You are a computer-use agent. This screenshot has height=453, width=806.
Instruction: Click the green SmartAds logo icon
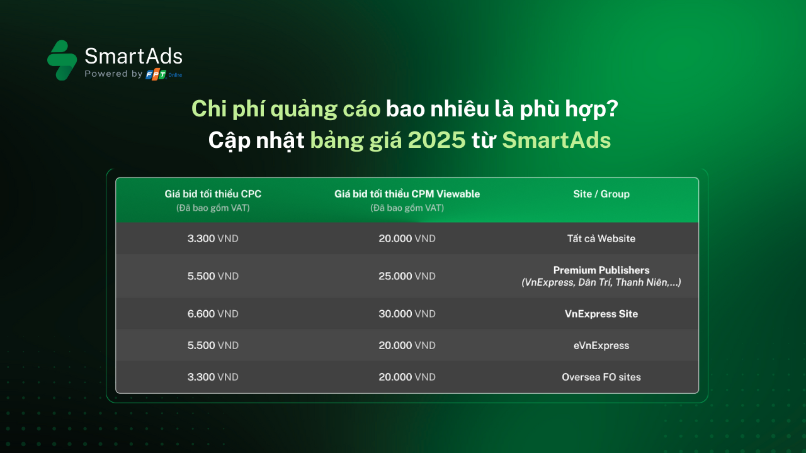(x=62, y=60)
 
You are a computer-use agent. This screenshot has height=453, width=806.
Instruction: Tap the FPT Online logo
(x=164, y=74)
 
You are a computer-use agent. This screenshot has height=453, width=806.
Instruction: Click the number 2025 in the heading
(x=436, y=140)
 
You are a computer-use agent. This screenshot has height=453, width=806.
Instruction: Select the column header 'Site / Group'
(x=601, y=194)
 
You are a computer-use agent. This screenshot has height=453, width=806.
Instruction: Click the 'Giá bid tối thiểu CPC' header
(x=213, y=194)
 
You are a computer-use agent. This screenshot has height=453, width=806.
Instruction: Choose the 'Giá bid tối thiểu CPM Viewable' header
(x=407, y=194)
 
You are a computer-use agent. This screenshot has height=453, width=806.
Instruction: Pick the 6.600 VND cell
(x=213, y=314)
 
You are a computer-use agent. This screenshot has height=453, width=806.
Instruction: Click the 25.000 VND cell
(x=407, y=276)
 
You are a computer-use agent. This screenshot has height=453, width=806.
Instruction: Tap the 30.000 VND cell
(x=407, y=314)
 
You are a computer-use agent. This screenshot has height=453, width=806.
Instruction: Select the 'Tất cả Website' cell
(x=601, y=238)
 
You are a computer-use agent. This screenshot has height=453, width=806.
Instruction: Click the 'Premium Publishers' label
(x=601, y=270)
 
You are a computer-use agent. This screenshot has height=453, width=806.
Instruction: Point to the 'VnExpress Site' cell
(x=601, y=314)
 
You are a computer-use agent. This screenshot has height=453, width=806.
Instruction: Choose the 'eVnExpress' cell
(x=601, y=345)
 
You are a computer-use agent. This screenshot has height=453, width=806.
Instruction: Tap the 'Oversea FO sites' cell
(x=601, y=377)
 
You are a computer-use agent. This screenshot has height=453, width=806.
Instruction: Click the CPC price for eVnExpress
(x=213, y=345)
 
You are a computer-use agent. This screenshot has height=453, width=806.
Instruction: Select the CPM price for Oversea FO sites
(x=407, y=377)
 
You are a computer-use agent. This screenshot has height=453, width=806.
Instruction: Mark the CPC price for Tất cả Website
(x=213, y=238)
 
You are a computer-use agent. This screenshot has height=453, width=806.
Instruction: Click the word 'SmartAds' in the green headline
(x=556, y=140)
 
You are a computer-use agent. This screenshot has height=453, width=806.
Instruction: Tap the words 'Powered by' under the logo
(x=113, y=74)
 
